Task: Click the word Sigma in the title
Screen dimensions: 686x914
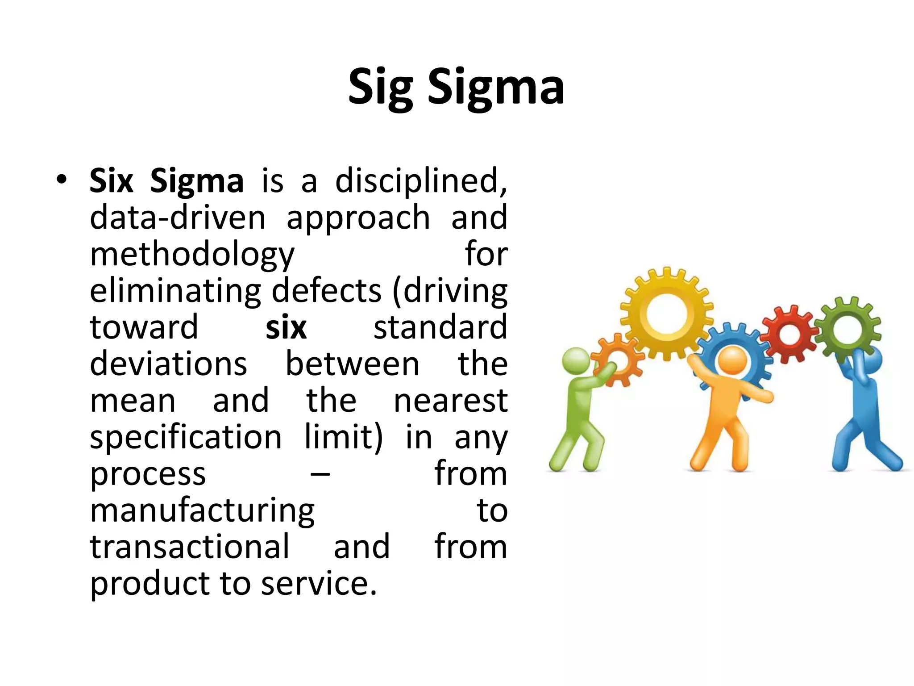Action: [x=496, y=88]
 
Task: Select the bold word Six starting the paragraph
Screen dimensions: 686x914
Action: [x=111, y=181]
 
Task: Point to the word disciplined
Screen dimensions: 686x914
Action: [x=421, y=181]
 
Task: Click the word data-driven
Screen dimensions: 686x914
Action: [x=178, y=218]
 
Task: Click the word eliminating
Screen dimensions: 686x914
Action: [x=175, y=291]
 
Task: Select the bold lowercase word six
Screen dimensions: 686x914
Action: [x=286, y=328]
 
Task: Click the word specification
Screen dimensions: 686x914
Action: [x=186, y=438]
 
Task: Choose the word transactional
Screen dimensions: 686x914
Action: [x=190, y=547]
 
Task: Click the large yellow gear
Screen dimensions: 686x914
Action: [x=666, y=313]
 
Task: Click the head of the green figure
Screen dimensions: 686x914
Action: [x=576, y=360]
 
